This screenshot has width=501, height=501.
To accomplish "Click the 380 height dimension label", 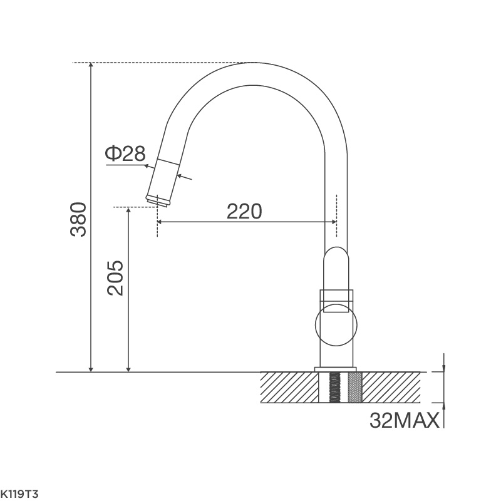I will (x=78, y=219).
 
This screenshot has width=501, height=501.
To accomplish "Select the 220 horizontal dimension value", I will (x=244, y=212).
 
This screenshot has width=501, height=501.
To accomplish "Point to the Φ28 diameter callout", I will (x=125, y=153).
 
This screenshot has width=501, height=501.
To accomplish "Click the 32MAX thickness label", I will (x=404, y=420).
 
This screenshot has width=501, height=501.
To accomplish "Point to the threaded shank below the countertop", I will (x=336, y=387).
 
